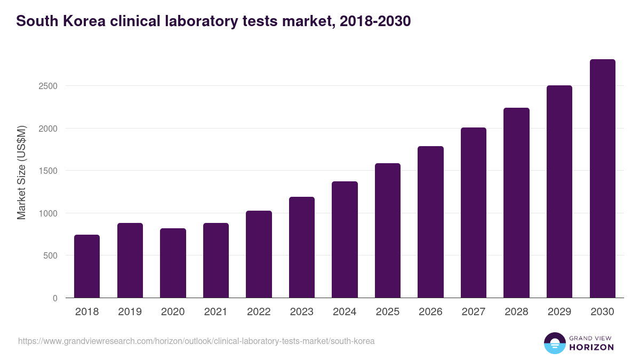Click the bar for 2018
pos(87,266)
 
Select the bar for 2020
pos(173,263)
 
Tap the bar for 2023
pos(302,247)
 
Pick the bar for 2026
pos(430,222)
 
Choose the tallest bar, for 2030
pos(602,179)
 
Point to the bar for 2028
pos(516,203)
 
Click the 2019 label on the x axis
pos(130,312)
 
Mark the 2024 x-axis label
pos(345,312)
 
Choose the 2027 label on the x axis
pos(473,312)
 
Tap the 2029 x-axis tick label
pos(559,312)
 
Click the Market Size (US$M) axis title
pos(21,172)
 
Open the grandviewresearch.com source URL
pos(196,341)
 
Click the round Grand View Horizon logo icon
pos(554,343)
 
